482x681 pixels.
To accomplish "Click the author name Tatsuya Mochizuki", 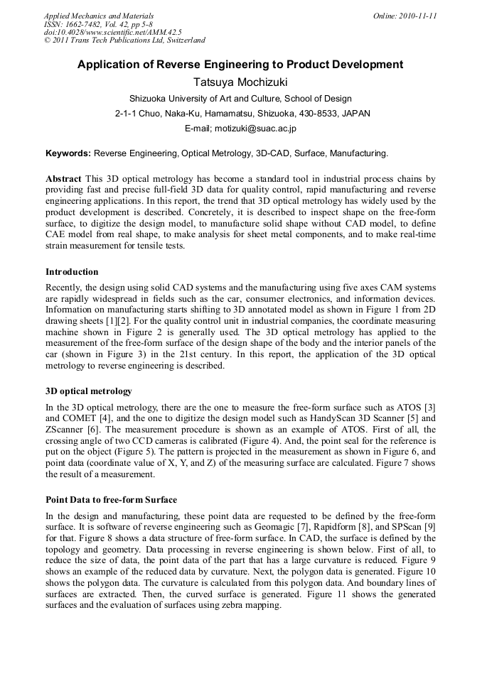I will point(240,82).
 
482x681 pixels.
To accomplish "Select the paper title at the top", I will point(240,65).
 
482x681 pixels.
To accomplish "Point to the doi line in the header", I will point(112,32).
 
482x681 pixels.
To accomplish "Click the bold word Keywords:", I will point(68,153).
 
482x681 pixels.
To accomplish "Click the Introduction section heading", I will point(72,272).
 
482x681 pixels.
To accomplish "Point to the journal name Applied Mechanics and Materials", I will point(98,16).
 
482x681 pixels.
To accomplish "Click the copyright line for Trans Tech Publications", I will point(124,40).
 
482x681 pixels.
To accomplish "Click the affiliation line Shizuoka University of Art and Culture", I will point(240,99).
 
